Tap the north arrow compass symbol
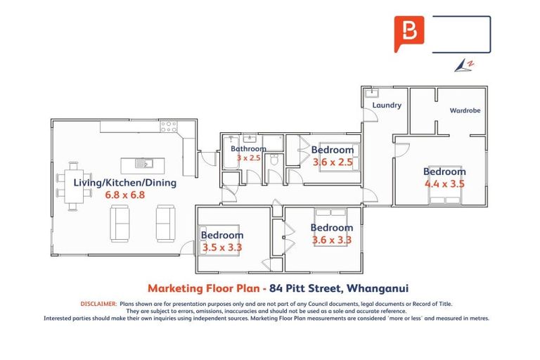click(x=464, y=65)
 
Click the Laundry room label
click(x=387, y=105)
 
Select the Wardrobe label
click(x=464, y=110)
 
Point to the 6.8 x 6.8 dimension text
click(x=124, y=195)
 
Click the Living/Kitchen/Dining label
click(x=124, y=182)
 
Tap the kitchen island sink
click(x=142, y=165)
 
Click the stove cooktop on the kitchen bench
click(x=168, y=127)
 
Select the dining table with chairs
click(x=74, y=186)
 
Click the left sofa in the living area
click(x=120, y=223)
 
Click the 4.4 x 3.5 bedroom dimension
click(x=444, y=184)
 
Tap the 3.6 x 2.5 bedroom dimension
click(x=332, y=162)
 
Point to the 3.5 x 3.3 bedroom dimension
click(x=221, y=247)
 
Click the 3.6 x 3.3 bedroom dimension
click(x=332, y=240)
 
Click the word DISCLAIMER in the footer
click(x=98, y=304)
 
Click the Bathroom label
click(x=248, y=149)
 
